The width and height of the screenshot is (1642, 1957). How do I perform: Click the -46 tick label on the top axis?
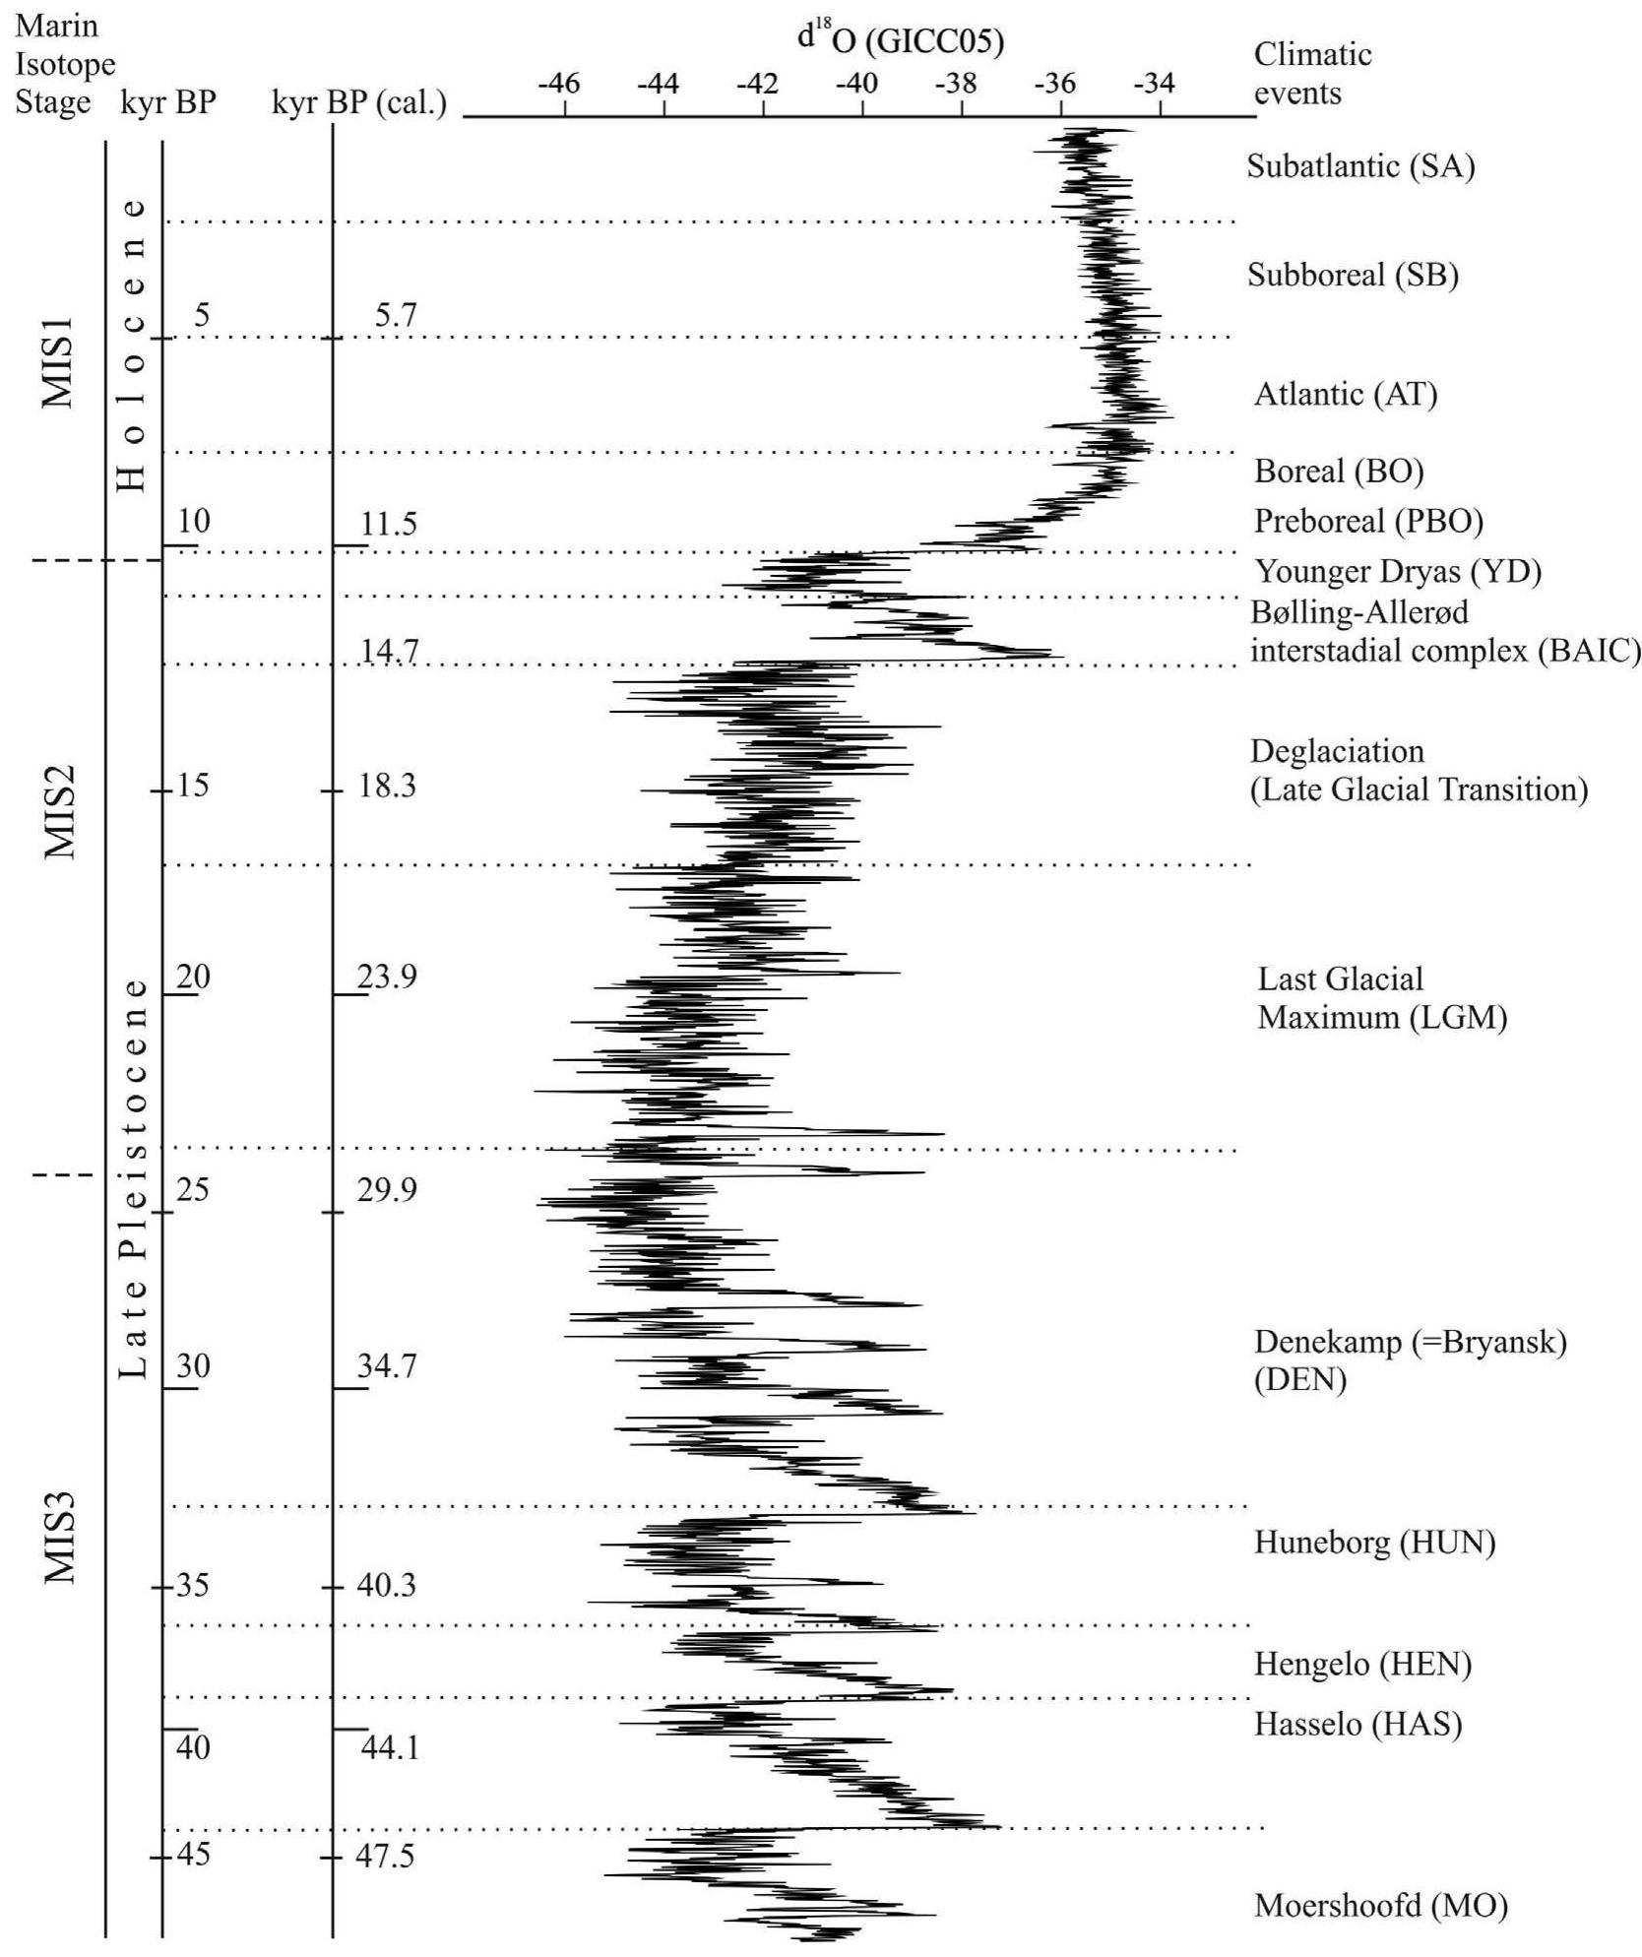(x=558, y=85)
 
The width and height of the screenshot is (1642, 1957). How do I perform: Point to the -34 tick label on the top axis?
(x=1153, y=85)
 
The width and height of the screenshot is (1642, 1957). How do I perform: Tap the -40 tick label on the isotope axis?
(x=856, y=85)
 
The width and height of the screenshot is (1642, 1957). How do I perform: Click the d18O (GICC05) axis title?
(x=900, y=41)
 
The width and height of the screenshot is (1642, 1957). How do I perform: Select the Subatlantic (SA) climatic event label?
(x=1360, y=165)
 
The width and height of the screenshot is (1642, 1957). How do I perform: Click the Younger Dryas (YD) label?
(x=1398, y=571)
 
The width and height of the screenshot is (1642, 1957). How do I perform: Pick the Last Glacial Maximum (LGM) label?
(x=1381, y=997)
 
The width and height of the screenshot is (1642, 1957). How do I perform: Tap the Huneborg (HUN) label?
(x=1374, y=1541)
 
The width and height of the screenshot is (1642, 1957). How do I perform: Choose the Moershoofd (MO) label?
(x=1380, y=1905)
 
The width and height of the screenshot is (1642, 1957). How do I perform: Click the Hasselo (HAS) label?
(x=1358, y=1723)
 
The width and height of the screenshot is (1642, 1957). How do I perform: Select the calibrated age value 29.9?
(x=386, y=1189)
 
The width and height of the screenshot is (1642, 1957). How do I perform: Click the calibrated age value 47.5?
(x=386, y=1856)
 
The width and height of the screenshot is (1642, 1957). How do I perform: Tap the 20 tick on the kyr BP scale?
(x=193, y=977)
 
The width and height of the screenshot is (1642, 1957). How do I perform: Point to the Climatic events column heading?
(x=1311, y=73)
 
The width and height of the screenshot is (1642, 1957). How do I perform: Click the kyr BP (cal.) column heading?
(x=359, y=102)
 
